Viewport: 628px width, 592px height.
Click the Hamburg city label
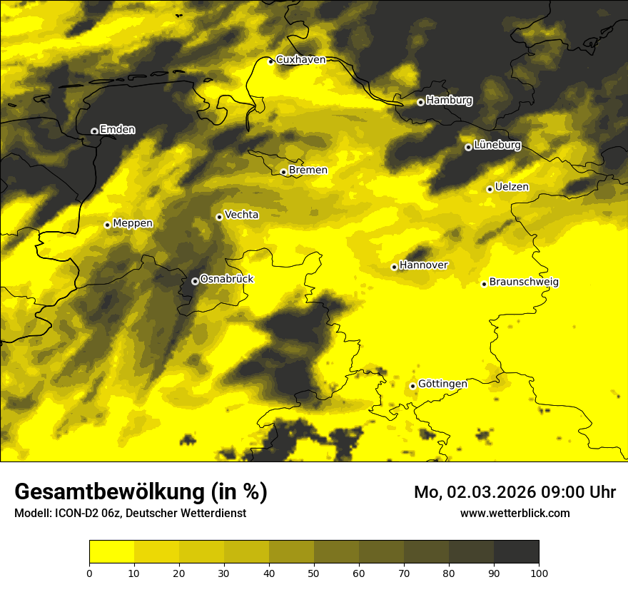[x=449, y=101]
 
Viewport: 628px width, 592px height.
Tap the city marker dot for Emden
[x=94, y=131]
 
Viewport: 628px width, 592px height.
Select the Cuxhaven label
[x=300, y=60]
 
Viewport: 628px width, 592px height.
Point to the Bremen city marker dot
[x=283, y=172]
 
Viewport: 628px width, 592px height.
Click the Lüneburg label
[x=497, y=146]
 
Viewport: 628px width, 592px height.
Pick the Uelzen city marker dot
[x=490, y=189]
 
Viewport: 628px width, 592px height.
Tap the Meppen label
[x=133, y=223]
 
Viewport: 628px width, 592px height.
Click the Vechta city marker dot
[x=219, y=217]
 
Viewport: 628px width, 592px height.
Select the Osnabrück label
[x=227, y=279]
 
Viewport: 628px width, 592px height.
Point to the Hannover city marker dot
[x=394, y=267]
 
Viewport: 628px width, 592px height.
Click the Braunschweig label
[x=524, y=282]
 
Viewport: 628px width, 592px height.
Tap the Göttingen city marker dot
[x=412, y=386]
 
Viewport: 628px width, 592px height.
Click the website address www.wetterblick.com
[x=515, y=514]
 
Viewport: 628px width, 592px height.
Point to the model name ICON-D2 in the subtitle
[x=76, y=514]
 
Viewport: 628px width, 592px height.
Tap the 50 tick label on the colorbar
[x=314, y=573]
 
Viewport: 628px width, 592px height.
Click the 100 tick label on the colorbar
[x=539, y=573]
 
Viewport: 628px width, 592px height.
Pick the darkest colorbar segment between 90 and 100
[x=516, y=552]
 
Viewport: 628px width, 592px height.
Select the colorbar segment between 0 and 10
[x=111, y=552]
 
